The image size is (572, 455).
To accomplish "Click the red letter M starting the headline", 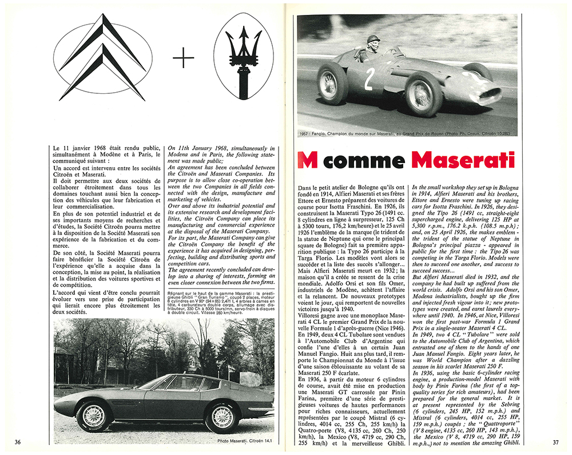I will click(x=309, y=160).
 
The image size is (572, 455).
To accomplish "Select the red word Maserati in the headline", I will click(x=467, y=160).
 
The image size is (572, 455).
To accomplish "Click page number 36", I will click(x=18, y=441).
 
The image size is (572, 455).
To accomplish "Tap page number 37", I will click(x=555, y=441).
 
